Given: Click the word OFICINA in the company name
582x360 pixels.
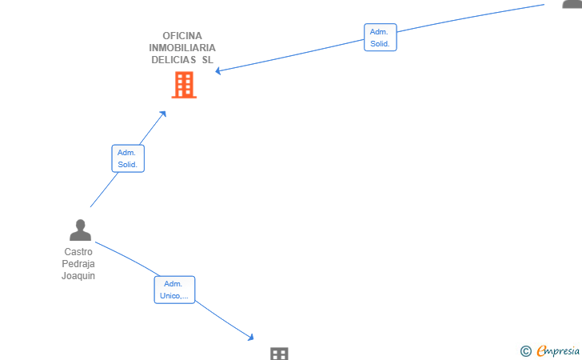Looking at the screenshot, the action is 182,36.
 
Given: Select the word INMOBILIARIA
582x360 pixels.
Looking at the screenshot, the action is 182,47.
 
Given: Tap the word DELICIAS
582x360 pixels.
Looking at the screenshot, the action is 173,59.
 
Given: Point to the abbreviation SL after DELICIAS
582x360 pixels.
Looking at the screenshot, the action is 208,59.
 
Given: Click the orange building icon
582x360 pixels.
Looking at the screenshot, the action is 184,85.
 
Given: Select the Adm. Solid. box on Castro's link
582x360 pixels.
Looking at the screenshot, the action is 128,158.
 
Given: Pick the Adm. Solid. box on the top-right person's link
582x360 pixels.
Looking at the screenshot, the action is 381,38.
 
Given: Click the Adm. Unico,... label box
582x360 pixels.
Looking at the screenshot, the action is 174,290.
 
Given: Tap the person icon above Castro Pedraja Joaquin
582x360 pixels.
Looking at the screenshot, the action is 80,230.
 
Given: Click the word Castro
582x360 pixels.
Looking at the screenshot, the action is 78,252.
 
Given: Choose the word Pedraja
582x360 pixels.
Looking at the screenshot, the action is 78,264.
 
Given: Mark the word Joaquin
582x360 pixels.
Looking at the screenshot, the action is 78,276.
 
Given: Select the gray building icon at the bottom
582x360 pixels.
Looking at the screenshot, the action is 279,354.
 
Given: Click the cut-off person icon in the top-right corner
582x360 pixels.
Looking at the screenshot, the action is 572,4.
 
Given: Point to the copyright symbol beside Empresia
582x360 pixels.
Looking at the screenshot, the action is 526,351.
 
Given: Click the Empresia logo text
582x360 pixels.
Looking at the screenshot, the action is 558,350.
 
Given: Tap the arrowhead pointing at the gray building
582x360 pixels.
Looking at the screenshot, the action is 251,338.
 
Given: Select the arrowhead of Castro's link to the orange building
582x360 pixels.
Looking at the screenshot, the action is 163,114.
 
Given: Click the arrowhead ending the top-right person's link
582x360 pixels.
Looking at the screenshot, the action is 218,70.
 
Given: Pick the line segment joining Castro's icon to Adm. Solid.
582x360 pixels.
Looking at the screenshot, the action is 104,190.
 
